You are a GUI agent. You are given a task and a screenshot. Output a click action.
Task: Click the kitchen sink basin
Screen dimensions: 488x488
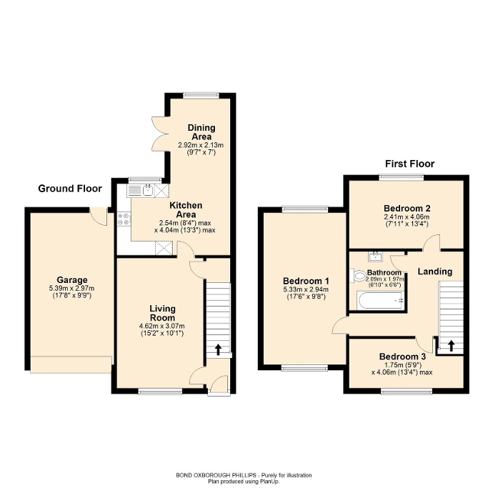(146, 189)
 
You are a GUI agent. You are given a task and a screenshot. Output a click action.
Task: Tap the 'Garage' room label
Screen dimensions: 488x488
(72, 279)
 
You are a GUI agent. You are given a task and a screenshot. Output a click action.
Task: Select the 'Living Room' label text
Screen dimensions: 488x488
(162, 313)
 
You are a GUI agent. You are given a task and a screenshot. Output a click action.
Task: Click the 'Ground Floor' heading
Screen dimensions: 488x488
(70, 189)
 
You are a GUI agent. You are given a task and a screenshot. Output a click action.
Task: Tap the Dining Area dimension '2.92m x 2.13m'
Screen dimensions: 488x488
(201, 144)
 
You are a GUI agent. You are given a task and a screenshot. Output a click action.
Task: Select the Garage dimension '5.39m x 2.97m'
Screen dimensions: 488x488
(72, 288)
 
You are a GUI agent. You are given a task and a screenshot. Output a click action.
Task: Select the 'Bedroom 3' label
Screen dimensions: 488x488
(402, 357)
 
